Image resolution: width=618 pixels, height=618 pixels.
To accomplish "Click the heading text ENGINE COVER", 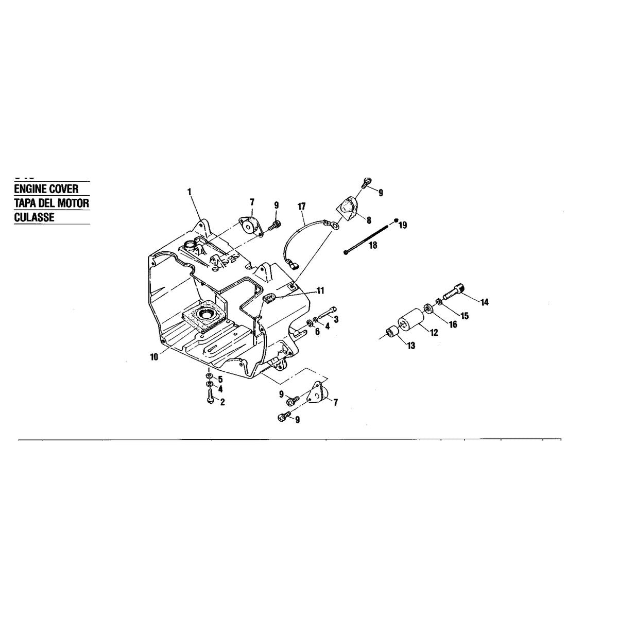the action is click(x=46, y=189).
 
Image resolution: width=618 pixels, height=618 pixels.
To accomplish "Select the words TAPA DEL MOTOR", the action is click(x=51, y=203).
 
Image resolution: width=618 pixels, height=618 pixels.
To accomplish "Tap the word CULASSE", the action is click(x=35, y=217).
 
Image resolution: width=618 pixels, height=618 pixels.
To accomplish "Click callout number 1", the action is click(x=189, y=192).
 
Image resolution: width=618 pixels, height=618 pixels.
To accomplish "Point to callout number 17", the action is click(x=302, y=206).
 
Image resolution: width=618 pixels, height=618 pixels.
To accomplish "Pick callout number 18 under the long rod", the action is click(x=373, y=246).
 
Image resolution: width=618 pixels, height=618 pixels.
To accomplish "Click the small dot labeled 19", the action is click(x=397, y=220).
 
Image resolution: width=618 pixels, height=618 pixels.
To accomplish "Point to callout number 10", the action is click(x=154, y=357).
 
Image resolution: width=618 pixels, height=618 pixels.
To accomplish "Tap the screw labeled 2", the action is click(x=211, y=397).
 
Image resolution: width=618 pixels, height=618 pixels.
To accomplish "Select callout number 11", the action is click(x=320, y=290).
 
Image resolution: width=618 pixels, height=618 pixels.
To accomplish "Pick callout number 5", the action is click(x=220, y=380).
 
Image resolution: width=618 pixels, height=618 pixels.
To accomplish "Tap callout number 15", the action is click(x=465, y=316).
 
